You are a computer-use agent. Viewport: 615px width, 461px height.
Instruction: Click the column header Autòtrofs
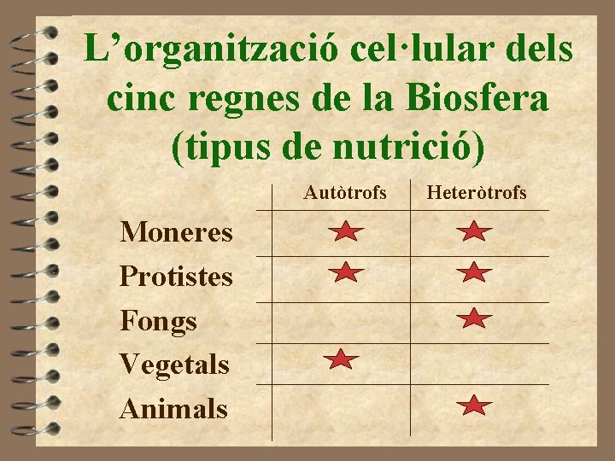click(345, 194)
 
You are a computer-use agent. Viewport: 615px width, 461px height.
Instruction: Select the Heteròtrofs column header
click(477, 194)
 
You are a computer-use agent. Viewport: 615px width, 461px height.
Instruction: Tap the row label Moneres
click(176, 231)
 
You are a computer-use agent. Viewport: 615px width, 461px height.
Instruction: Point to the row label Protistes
click(176, 276)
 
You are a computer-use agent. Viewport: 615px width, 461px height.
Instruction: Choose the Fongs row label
click(159, 321)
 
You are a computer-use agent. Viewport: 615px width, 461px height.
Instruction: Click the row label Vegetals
click(174, 365)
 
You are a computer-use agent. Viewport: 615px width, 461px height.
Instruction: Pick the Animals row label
click(174, 408)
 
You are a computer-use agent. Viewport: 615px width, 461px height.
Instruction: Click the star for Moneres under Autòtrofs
click(345, 230)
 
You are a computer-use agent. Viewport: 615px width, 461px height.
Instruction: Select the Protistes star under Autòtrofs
click(345, 273)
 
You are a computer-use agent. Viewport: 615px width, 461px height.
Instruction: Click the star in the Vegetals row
click(341, 360)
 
